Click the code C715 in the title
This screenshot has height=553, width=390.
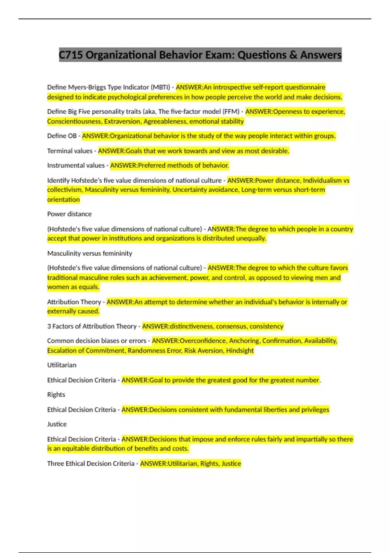(71, 55)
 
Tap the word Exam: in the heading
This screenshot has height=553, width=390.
(218, 55)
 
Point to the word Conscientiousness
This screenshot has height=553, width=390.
(74, 121)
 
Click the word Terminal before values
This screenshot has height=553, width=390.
(58, 151)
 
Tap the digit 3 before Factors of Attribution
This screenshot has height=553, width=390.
(49, 326)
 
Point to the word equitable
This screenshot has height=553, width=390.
(76, 449)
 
